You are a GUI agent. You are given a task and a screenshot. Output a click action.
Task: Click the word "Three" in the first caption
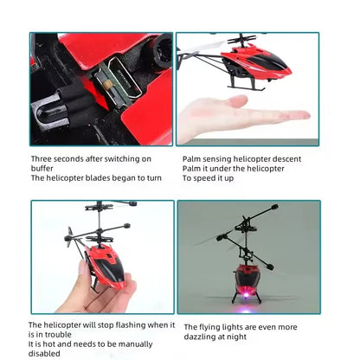point(43,159)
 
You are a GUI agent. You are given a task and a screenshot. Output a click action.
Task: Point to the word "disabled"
point(46,353)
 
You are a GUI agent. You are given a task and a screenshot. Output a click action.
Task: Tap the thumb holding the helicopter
point(84,273)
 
